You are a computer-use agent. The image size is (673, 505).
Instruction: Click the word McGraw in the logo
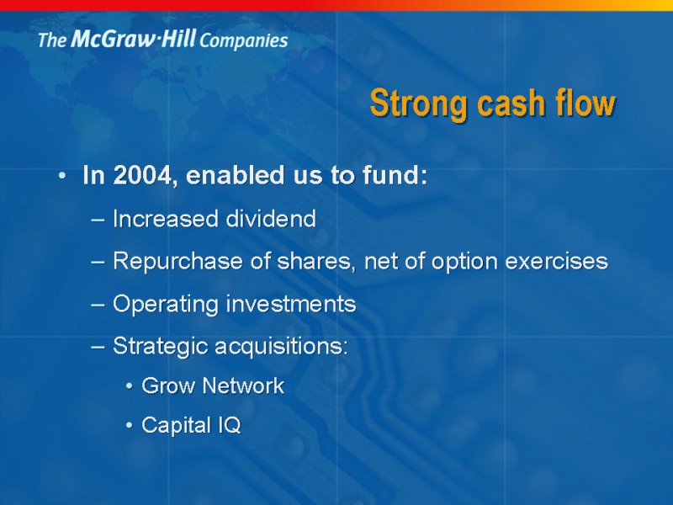coord(106,40)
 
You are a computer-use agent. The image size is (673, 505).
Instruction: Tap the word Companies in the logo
coord(244,40)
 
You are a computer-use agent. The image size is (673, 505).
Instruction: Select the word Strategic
coord(160,346)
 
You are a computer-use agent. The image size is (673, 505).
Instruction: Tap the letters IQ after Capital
coord(229,426)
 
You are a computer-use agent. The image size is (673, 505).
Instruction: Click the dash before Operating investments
coord(97,305)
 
